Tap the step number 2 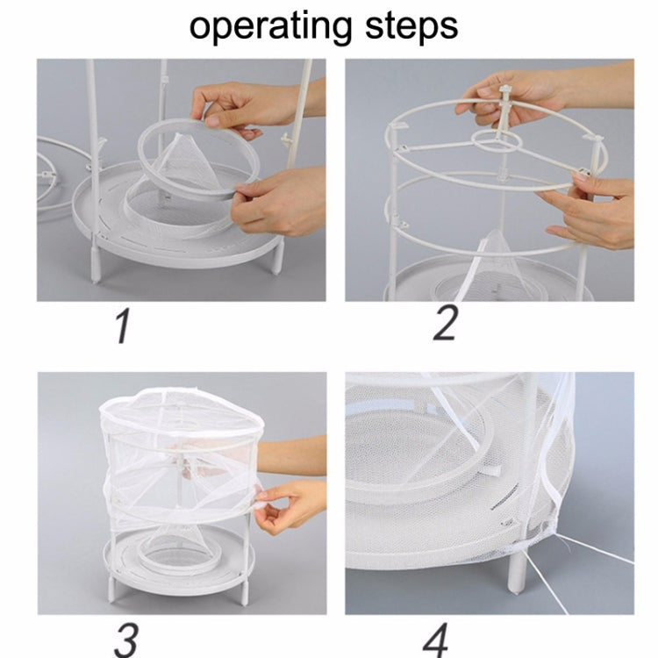pos(446,323)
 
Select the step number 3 pos(126,639)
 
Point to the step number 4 pos(436,639)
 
